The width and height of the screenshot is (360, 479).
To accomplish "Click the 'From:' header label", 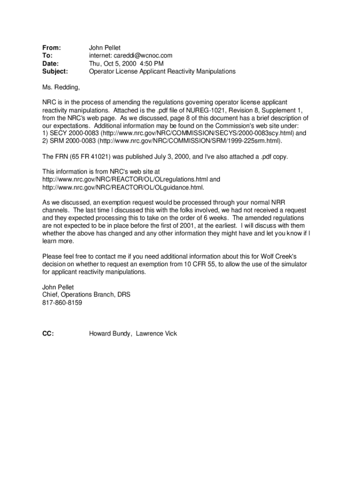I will pos(52,48).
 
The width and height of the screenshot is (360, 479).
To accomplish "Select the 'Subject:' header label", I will pos(55,72).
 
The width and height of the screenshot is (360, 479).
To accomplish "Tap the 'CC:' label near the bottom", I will pos(48,334).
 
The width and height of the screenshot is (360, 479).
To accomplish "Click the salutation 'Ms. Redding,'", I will pos(61,87).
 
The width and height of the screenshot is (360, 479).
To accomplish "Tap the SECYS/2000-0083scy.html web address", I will pos(194,133).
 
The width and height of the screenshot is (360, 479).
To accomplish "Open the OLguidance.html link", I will pos(123,187).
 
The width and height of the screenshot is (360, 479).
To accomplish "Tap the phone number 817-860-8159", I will pos(62,303).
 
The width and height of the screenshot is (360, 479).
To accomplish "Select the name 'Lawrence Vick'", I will pos(157,334).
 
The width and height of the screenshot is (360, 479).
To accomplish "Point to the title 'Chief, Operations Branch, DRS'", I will pos(86,295).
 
